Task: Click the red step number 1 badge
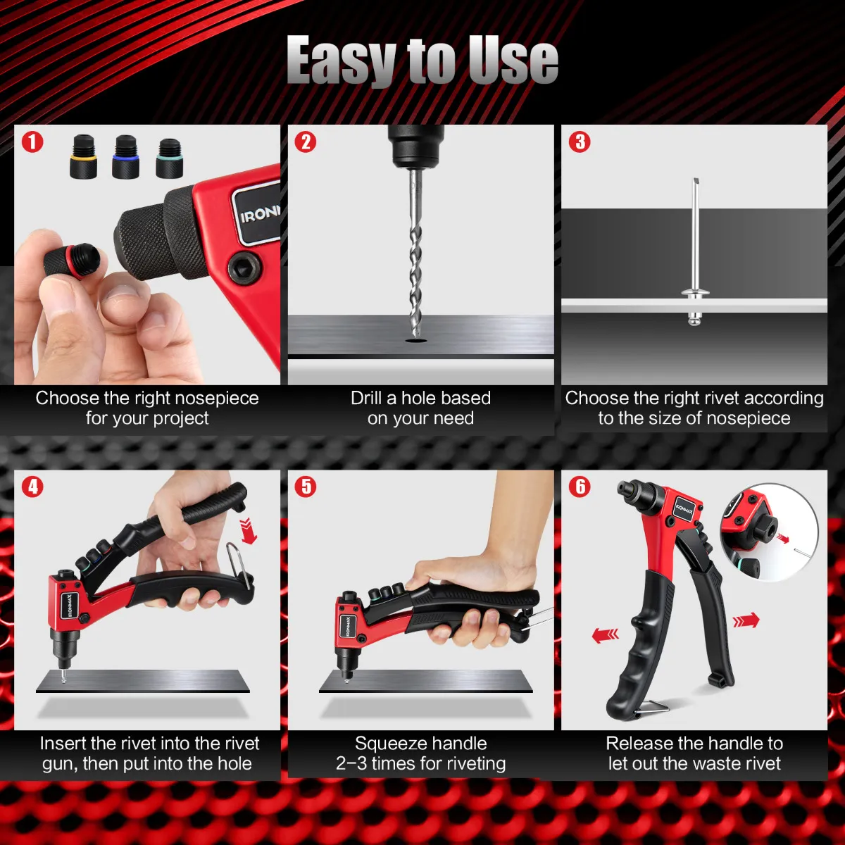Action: pos(32,142)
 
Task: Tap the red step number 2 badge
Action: pos(306,142)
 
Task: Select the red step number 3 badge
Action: pos(580,142)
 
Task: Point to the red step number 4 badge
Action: pos(32,487)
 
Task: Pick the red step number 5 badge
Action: pos(306,487)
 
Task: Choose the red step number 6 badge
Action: pos(580,487)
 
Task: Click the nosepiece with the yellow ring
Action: pos(83,157)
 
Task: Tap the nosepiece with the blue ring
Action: pos(125,157)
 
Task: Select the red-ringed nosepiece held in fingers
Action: pos(72,262)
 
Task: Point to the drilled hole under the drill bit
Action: pos(415,340)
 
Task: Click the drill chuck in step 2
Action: pos(415,146)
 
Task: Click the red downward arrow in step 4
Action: pos(248,531)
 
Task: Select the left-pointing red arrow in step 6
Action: pos(606,635)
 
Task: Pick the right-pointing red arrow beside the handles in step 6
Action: pos(746,620)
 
